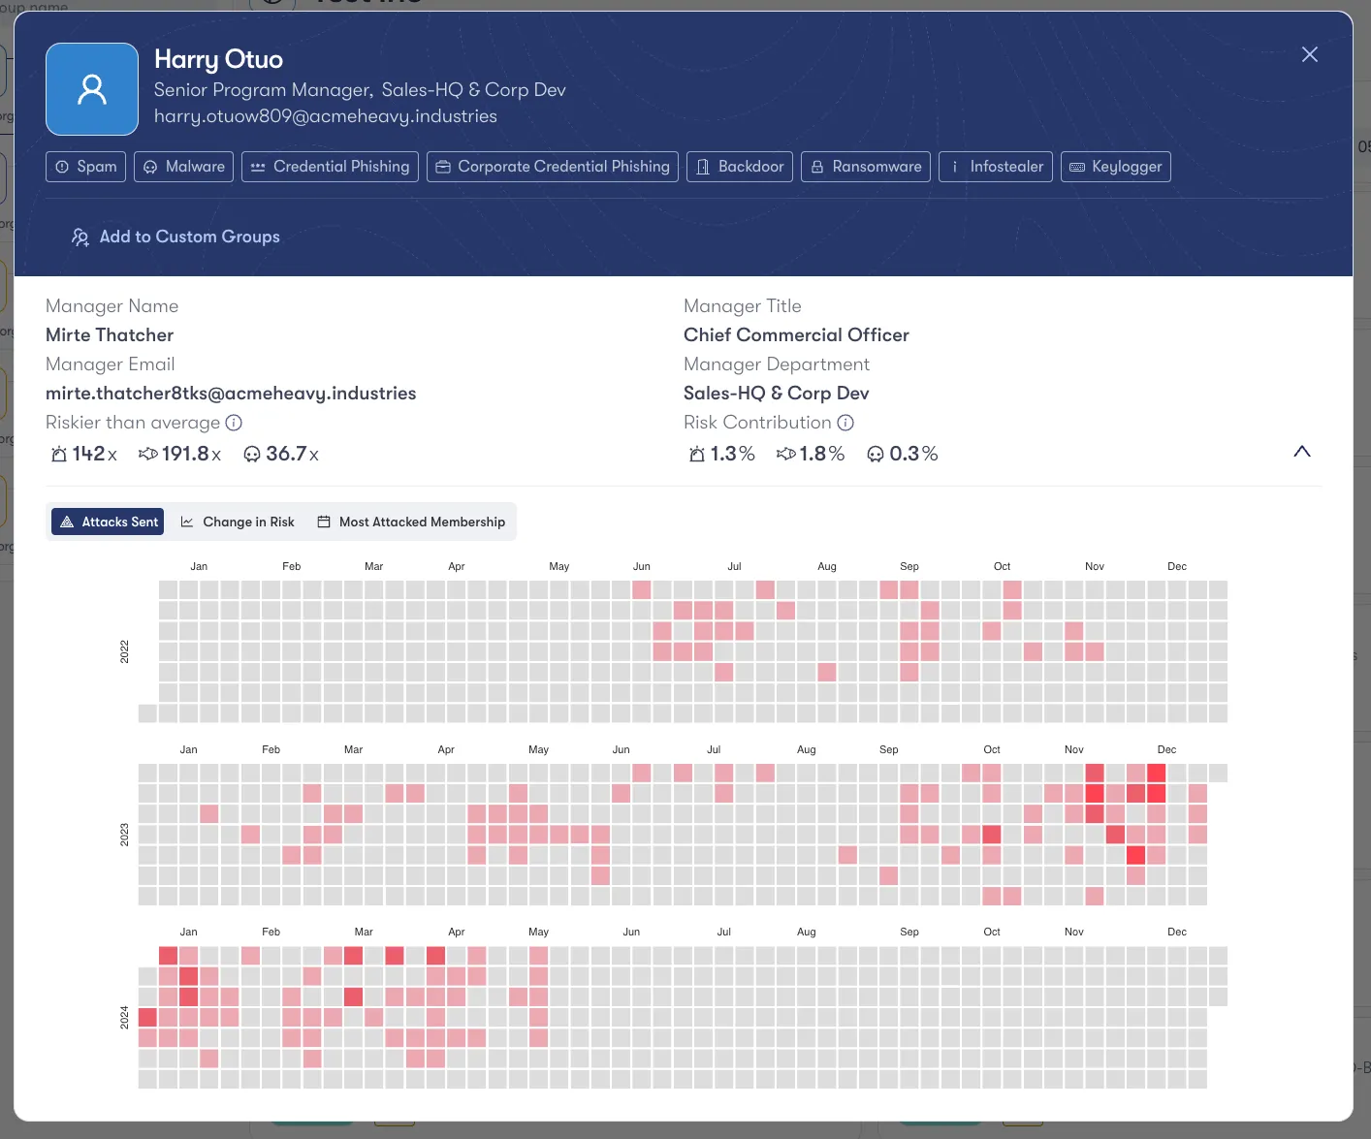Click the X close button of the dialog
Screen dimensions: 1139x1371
tap(1309, 54)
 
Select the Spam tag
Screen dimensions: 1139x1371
tap(86, 167)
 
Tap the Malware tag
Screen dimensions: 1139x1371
tap(184, 167)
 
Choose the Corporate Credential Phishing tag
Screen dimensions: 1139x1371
tap(552, 167)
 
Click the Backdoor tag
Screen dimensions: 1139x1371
tap(740, 167)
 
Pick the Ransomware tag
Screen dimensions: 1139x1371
tap(865, 167)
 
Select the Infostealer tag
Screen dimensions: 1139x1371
tap(995, 167)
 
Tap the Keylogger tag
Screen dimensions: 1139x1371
tap(1115, 167)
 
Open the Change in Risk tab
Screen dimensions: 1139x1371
tap(238, 522)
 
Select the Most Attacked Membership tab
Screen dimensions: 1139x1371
tap(411, 522)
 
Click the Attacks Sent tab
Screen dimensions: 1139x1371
tap(108, 522)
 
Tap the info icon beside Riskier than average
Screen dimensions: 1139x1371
tap(234, 423)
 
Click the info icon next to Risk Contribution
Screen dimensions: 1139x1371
tap(845, 423)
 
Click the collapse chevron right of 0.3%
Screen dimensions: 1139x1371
tap(1301, 452)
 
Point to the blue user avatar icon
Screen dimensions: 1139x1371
tap(92, 89)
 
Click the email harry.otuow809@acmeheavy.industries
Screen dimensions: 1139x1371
tap(325, 116)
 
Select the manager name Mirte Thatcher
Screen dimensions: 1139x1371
tap(110, 335)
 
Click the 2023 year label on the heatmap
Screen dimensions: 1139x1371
tap(124, 835)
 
